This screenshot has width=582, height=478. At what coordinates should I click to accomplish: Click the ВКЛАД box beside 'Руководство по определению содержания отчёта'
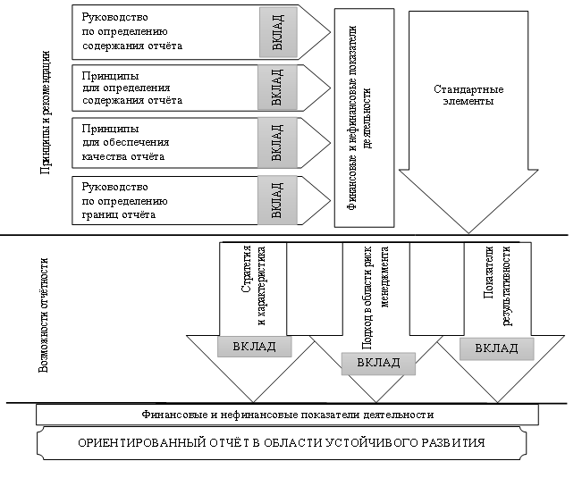(277, 30)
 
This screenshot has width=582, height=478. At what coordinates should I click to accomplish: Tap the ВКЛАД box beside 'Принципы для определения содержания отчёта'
(277, 87)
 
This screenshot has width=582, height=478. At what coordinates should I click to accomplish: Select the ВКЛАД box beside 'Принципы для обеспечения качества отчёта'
(277, 143)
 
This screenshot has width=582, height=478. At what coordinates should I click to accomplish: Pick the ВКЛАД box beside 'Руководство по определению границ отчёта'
(277, 201)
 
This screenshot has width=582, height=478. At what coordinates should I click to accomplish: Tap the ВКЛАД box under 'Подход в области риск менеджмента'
(378, 363)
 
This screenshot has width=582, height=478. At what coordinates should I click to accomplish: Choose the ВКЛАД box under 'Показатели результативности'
(497, 348)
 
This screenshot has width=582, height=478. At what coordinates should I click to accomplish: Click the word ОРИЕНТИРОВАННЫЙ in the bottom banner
(134, 443)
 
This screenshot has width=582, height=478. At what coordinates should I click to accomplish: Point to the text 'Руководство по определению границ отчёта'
(116, 201)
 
